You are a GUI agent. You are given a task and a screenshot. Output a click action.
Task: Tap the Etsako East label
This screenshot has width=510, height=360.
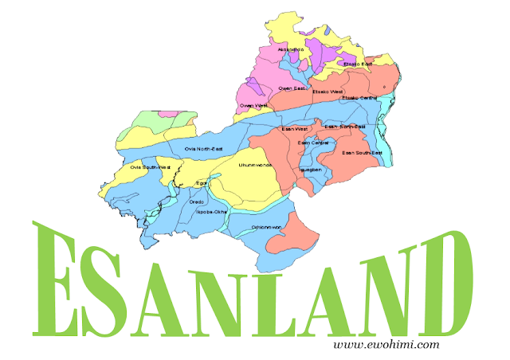point(357,63)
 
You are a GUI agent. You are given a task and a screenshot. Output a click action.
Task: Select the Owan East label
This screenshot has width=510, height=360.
point(292,88)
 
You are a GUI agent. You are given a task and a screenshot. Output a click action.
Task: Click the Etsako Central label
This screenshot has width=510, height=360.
point(359,97)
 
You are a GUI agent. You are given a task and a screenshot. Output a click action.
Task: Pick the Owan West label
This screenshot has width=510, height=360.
point(253,105)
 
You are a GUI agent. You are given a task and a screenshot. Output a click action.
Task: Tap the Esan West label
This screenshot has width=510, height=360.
point(295,128)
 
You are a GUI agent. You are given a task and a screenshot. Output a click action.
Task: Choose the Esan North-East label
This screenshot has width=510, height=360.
point(345,127)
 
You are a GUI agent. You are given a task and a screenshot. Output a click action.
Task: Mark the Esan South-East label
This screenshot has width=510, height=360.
point(363,152)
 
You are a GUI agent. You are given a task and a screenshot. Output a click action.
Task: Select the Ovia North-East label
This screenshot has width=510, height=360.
point(203,149)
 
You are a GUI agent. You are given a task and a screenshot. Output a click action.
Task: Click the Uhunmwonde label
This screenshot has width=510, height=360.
point(255,165)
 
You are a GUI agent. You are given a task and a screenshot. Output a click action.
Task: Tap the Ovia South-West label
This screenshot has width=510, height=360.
point(151,167)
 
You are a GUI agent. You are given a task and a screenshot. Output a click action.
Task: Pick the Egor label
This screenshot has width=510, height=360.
point(202,184)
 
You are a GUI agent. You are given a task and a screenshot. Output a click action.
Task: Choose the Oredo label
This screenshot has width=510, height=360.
point(197,202)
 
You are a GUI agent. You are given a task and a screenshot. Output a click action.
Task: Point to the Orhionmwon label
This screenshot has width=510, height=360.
point(267,226)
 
